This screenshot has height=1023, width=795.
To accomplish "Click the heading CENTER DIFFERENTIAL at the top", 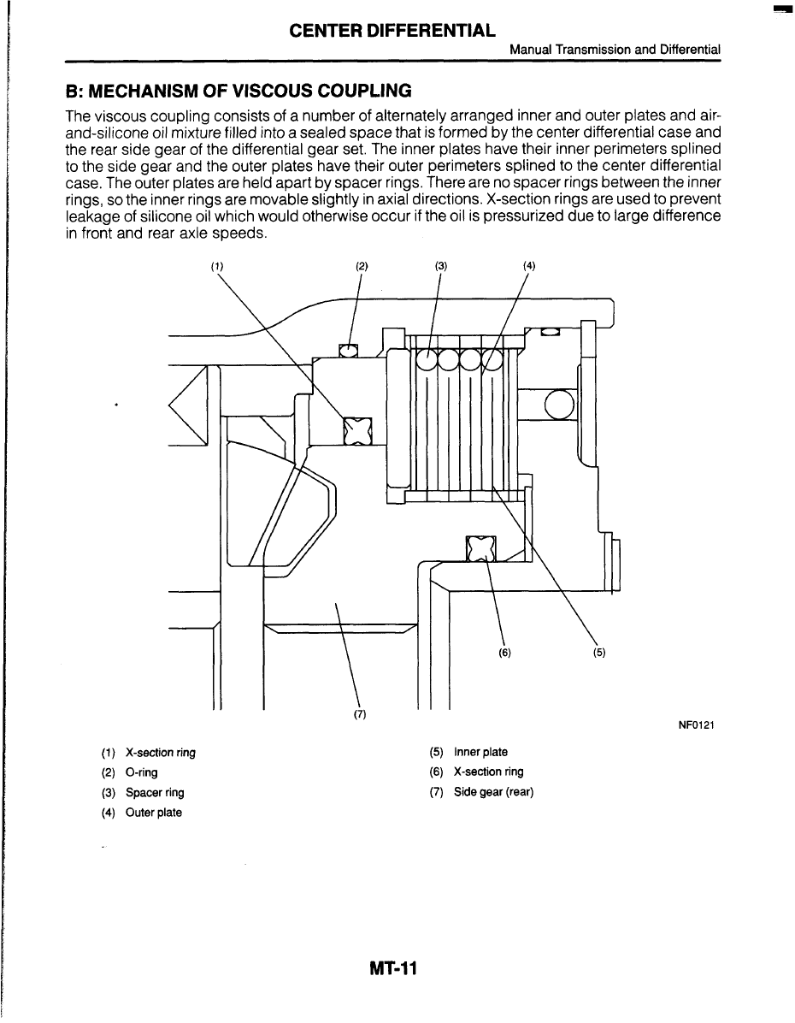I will (392, 32).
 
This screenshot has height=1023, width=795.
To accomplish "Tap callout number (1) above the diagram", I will (217, 266).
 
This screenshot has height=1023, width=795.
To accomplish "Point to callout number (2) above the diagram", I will (362, 266).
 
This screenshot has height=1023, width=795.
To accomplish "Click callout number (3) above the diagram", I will (440, 266).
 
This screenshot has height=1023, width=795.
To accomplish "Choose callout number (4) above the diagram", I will (529, 266).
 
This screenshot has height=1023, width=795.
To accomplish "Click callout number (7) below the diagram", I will (359, 715).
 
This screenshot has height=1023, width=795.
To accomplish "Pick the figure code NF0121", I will (696, 726).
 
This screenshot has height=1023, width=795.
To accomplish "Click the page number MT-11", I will (393, 969).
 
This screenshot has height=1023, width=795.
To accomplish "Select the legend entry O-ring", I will (141, 772).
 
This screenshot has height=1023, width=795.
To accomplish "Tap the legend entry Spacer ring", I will (155, 792).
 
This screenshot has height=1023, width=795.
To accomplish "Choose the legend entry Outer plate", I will (154, 812).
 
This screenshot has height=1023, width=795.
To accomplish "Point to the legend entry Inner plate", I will (480, 753).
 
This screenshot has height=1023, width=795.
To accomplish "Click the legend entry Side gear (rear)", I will (493, 792).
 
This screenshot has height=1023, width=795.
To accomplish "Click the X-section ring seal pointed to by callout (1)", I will (357, 431).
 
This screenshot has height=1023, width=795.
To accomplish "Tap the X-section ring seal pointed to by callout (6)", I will (481, 548).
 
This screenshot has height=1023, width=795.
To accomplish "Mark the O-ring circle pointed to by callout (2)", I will (348, 350).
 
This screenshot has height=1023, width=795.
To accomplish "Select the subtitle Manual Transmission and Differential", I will (615, 50).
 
